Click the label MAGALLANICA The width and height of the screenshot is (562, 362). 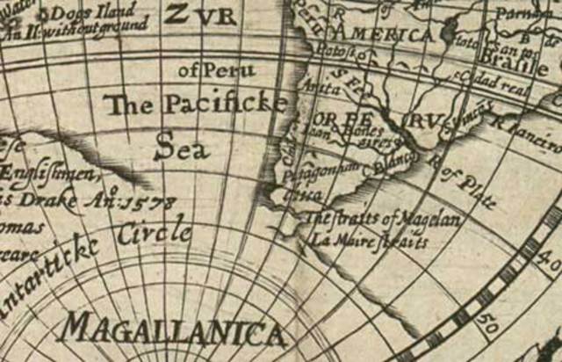(x=172, y=329)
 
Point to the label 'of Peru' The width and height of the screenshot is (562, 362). (x=217, y=69)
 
